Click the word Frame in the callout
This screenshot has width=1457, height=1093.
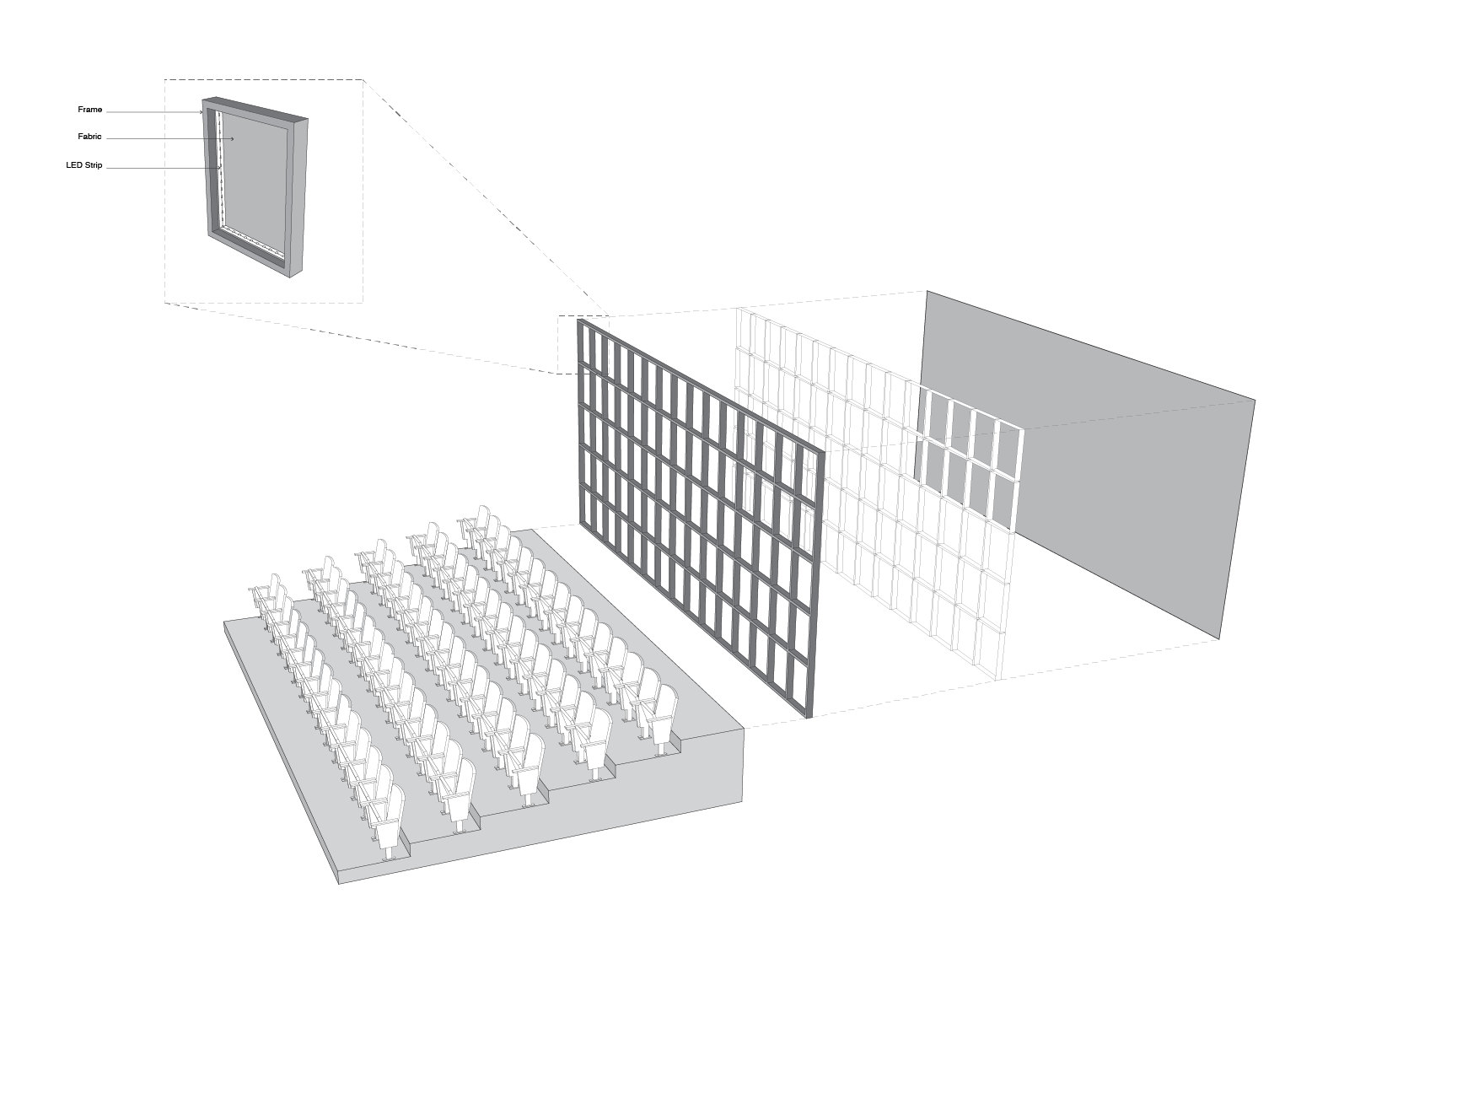[89, 110]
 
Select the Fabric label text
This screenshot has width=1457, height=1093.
[89, 137]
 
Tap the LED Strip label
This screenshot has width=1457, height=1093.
[84, 165]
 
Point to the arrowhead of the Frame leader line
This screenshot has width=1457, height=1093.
[201, 112]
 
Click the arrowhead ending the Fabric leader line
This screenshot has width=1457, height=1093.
[232, 138]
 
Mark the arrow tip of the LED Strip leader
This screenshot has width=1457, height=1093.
[220, 168]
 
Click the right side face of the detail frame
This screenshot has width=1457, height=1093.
[298, 198]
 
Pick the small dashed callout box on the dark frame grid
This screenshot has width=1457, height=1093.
[583, 345]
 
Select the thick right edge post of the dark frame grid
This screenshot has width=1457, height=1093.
[815, 582]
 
